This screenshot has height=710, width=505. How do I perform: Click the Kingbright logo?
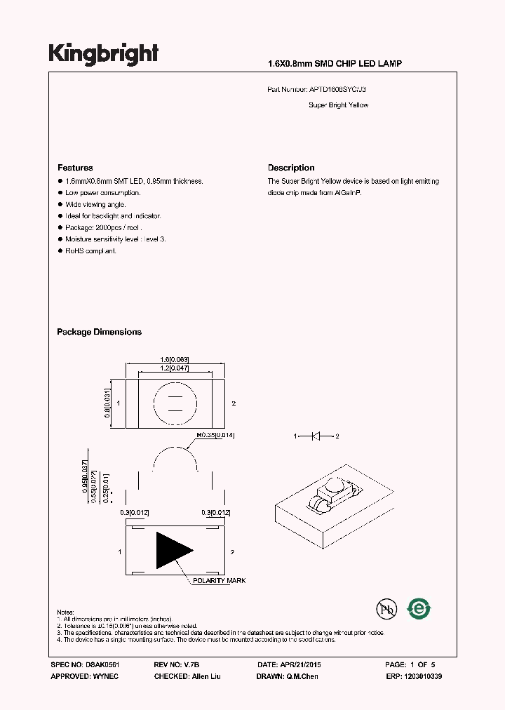103,54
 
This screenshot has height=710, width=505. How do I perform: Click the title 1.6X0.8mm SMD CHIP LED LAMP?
335,64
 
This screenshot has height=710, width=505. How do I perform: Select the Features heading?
75,168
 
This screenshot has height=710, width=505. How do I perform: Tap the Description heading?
291,168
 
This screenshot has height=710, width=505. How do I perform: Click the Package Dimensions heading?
99,332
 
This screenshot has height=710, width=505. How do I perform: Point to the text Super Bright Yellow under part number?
338,105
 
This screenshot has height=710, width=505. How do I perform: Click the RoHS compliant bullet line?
90,251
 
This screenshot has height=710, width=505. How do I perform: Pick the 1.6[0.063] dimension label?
175,359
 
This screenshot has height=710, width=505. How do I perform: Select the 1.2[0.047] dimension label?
175,368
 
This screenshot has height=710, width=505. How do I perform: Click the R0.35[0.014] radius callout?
216,435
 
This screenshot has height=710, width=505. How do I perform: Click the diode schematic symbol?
316,436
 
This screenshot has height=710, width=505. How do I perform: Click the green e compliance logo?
419,609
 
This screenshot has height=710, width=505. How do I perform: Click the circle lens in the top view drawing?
175,403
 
